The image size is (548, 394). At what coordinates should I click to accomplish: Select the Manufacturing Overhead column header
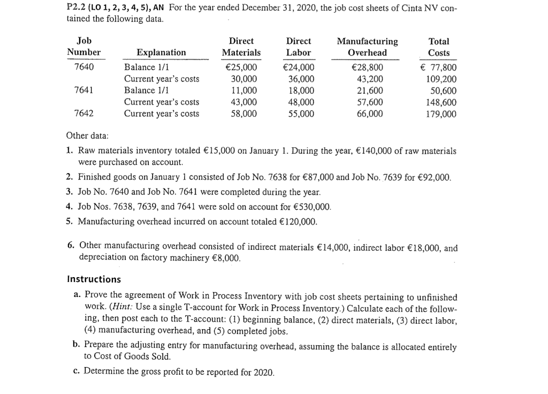click(x=367, y=47)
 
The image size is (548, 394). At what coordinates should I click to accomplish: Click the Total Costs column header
click(x=439, y=47)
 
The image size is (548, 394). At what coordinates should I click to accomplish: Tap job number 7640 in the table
click(x=83, y=67)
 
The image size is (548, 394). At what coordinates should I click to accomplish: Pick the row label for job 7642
click(x=83, y=113)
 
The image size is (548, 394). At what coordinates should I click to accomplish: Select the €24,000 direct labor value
click(x=298, y=68)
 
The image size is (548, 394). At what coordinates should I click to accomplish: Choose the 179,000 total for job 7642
click(x=442, y=114)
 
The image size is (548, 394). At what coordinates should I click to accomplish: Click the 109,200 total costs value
click(x=442, y=79)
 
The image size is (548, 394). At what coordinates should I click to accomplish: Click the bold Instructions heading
click(x=94, y=279)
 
